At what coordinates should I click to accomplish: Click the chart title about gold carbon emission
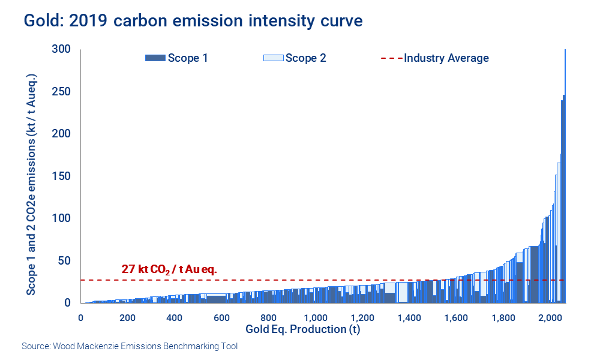(x=193, y=20)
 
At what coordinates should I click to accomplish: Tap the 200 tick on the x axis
(x=127, y=317)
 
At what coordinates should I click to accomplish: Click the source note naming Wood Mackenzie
(x=130, y=346)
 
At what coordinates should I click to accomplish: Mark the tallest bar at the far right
(x=565, y=180)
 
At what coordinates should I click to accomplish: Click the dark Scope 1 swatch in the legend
(x=155, y=58)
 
